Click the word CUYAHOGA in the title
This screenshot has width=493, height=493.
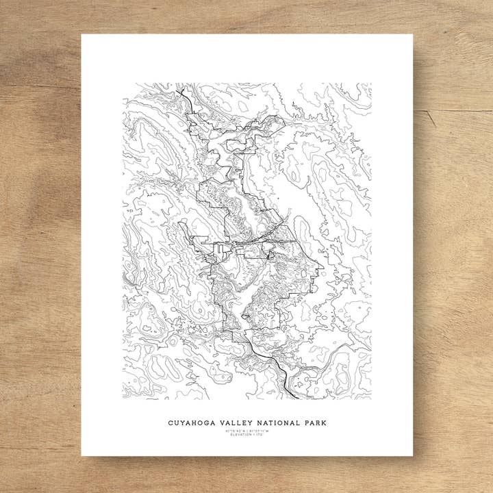192,423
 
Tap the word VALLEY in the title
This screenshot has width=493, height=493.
236,423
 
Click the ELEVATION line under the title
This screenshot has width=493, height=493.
247,435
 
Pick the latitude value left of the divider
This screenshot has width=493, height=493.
235,431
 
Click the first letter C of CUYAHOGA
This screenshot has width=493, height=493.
170,423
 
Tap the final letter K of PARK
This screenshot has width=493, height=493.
325,423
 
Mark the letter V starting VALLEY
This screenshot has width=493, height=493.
222,423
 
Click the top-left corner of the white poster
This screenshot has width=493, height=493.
81,34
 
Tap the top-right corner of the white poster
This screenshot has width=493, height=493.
413,34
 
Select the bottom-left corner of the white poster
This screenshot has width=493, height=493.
81,455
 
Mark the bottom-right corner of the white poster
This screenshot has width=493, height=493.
413,455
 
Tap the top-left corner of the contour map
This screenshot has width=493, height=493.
123,84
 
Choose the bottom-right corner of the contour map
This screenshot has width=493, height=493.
371,399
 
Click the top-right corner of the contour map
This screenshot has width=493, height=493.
371,84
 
